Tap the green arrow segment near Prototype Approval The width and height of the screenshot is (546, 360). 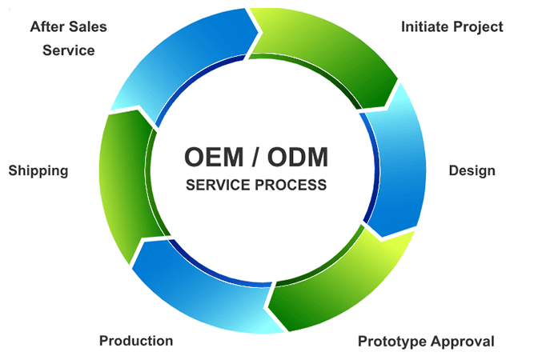[336, 288]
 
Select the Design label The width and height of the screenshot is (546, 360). [472, 170]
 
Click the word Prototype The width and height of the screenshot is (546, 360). [391, 342]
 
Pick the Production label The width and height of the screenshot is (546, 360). [136, 341]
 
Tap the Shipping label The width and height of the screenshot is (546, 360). [38, 170]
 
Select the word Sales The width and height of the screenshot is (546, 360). [88, 26]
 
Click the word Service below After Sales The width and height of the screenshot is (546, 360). [68, 50]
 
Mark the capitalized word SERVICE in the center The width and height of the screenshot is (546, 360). [219, 185]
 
